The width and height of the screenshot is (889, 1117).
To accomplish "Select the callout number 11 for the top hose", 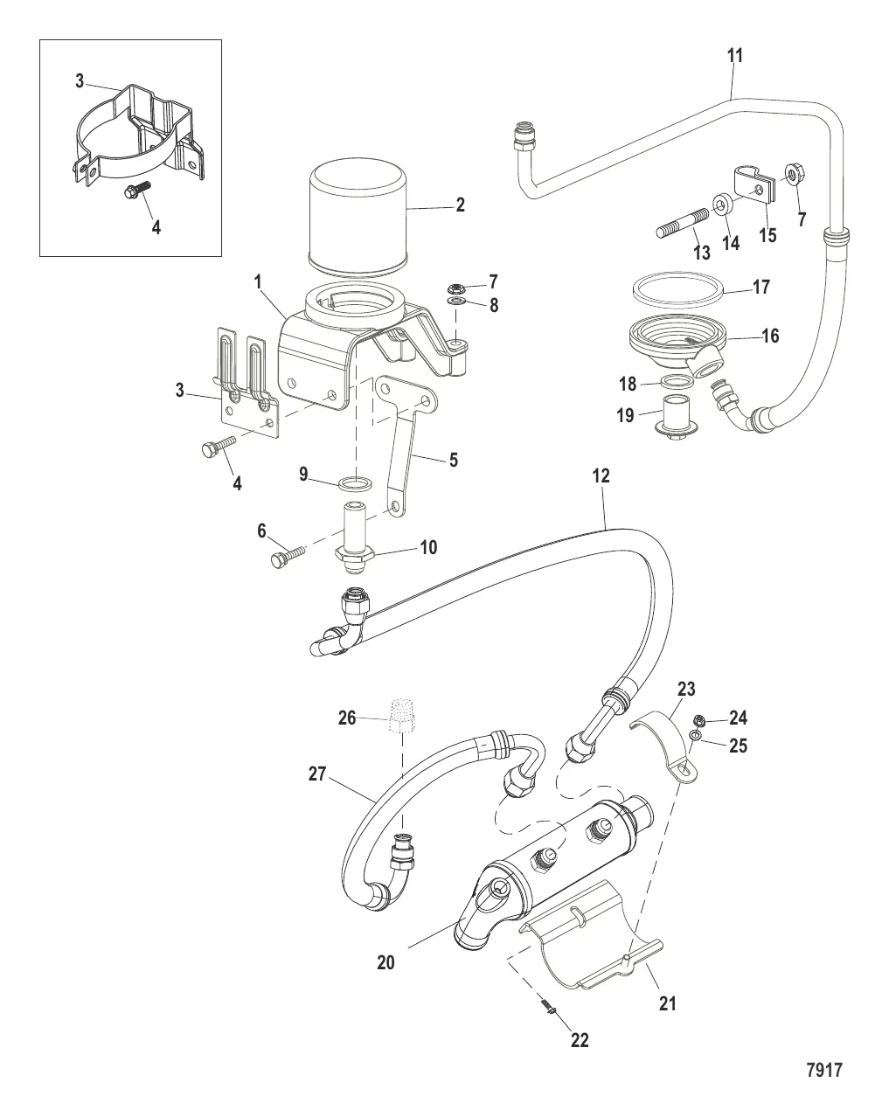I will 735,56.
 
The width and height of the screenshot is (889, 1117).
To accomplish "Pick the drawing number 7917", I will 823,1070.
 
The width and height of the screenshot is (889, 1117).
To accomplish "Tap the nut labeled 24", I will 699,720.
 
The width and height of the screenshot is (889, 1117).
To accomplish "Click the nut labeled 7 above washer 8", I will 455,286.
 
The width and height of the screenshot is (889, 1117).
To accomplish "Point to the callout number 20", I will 385,962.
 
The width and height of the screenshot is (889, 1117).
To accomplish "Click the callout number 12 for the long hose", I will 601,476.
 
